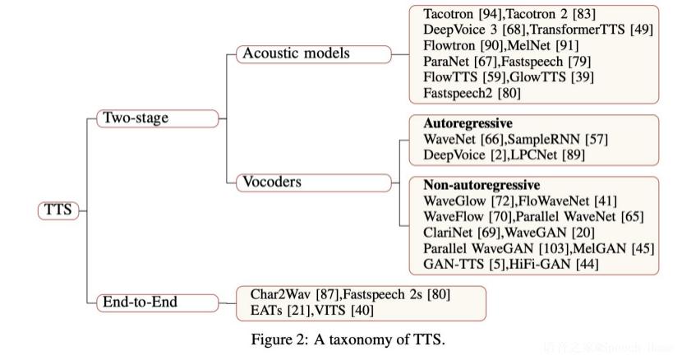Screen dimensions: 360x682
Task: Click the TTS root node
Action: [57, 210]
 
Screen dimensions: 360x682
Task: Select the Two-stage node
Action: [134, 118]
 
